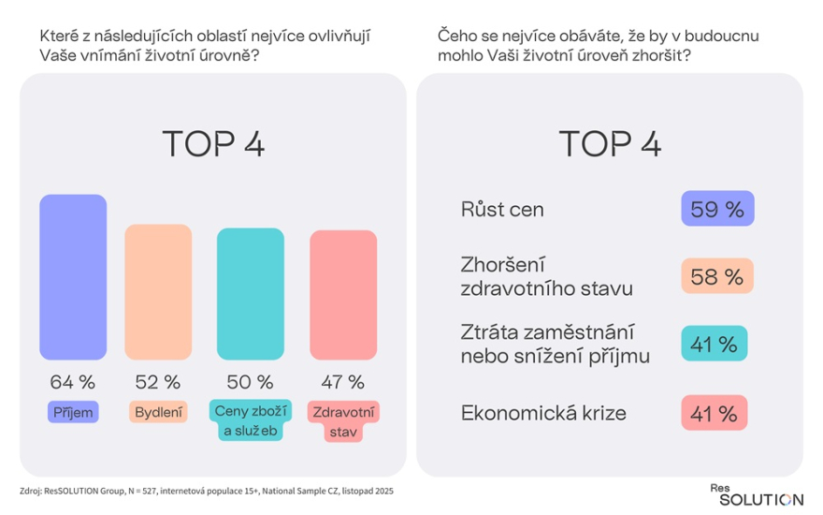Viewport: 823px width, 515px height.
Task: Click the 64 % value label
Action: pyautogui.click(x=73, y=382)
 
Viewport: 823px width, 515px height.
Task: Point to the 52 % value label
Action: pyautogui.click(x=157, y=382)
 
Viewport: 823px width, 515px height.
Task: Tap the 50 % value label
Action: pyautogui.click(x=251, y=382)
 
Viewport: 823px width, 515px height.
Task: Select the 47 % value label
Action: pyautogui.click(x=342, y=382)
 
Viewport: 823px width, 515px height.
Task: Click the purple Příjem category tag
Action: pyautogui.click(x=73, y=411)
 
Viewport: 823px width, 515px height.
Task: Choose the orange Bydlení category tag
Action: pyautogui.click(x=157, y=411)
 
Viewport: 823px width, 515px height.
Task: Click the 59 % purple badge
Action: pyautogui.click(x=716, y=209)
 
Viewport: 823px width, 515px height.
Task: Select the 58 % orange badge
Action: pyautogui.click(x=716, y=276)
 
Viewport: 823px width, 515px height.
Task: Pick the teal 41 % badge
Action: pyautogui.click(x=715, y=345)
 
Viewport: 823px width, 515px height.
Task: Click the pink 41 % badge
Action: pyautogui.click(x=715, y=412)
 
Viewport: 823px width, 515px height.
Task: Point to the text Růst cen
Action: pyautogui.click(x=502, y=209)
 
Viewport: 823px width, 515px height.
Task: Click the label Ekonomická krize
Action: pyautogui.click(x=542, y=412)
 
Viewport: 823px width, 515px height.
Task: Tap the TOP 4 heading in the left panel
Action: pyautogui.click(x=213, y=144)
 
